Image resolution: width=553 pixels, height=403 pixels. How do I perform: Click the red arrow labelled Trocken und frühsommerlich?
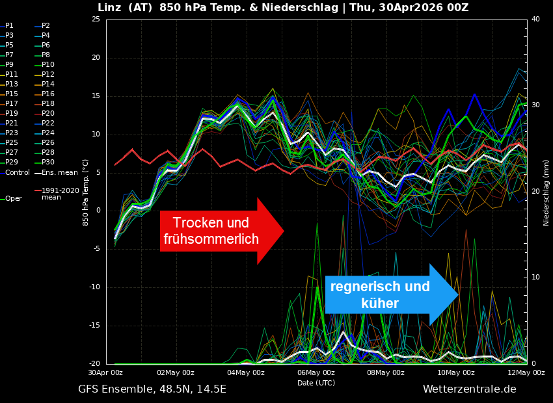click(215, 231)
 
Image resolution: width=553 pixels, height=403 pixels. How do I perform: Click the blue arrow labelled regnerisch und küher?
click(384, 294)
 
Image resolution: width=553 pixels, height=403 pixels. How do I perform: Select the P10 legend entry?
click(47, 65)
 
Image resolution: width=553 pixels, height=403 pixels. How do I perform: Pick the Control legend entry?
click(17, 172)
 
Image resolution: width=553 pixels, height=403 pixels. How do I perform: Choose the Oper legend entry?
click(13, 199)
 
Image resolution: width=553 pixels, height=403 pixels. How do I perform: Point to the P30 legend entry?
click(47, 162)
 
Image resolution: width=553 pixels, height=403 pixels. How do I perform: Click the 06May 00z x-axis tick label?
click(316, 372)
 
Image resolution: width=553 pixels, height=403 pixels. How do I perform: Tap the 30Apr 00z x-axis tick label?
click(105, 372)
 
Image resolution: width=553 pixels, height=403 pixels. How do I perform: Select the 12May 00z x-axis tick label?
click(526, 372)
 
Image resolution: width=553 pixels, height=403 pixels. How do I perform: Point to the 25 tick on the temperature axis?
click(96, 19)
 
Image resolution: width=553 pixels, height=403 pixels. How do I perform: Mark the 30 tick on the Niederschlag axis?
click(535, 105)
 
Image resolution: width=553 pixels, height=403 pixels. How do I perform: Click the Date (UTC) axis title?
click(316, 383)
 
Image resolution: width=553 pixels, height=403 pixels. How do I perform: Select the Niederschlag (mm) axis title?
click(546, 192)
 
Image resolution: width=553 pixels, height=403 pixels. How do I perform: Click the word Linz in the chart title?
click(110, 8)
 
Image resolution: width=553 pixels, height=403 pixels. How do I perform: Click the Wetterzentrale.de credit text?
click(469, 389)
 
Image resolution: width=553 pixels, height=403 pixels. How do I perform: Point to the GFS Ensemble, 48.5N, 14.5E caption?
click(152, 389)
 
